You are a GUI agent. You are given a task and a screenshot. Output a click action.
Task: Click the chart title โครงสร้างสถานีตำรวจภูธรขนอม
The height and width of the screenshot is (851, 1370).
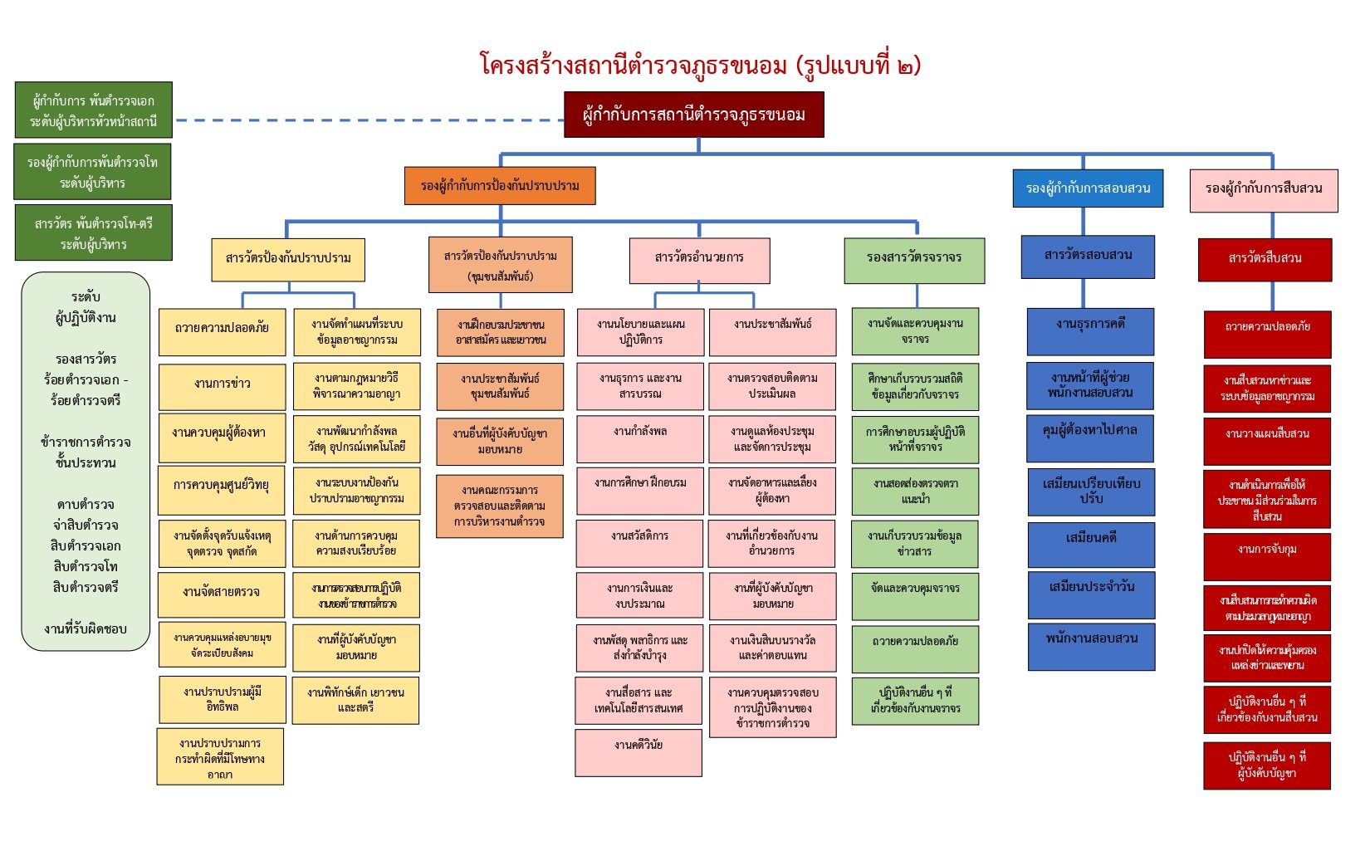click(700, 65)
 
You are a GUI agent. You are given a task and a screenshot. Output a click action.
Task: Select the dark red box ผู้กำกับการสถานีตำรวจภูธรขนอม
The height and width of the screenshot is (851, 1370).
click(693, 115)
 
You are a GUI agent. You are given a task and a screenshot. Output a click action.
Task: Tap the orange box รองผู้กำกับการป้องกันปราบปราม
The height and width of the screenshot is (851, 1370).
click(500, 185)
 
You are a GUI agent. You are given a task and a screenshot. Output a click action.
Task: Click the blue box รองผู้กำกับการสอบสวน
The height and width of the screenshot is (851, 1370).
click(1088, 188)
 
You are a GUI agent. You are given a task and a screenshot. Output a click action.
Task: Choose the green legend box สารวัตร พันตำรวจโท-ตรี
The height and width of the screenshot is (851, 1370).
click(93, 233)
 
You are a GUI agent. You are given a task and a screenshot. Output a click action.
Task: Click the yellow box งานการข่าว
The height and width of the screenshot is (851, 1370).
click(222, 384)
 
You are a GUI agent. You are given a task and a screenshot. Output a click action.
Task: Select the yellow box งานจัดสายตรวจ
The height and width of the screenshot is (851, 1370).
click(221, 592)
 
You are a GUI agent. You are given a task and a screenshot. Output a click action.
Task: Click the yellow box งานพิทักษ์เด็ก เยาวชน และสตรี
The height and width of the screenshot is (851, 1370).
click(355, 700)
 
